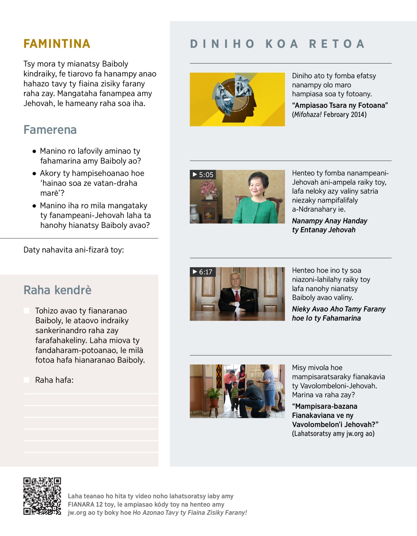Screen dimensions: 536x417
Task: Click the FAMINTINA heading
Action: click(57, 44)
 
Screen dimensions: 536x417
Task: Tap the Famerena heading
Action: click(50, 130)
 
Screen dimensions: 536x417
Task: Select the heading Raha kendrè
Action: click(57, 290)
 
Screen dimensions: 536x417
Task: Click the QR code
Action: click(42, 496)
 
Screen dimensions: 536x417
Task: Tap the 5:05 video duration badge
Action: click(203, 175)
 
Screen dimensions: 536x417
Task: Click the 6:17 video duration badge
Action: click(203, 272)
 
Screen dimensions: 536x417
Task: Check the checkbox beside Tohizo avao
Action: click(26, 311)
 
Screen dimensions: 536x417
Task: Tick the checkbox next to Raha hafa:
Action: click(26, 380)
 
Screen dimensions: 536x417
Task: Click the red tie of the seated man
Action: click(237, 296)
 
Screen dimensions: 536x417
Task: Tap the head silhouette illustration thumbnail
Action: click(237, 99)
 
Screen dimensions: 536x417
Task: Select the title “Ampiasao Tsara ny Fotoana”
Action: click(340, 105)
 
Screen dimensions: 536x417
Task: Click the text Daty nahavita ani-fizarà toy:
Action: click(74, 250)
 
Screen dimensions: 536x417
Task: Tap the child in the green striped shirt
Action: click(235, 395)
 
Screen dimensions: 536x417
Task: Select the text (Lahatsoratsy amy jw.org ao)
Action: click(333, 434)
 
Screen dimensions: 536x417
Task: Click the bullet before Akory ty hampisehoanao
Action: click(34, 173)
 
